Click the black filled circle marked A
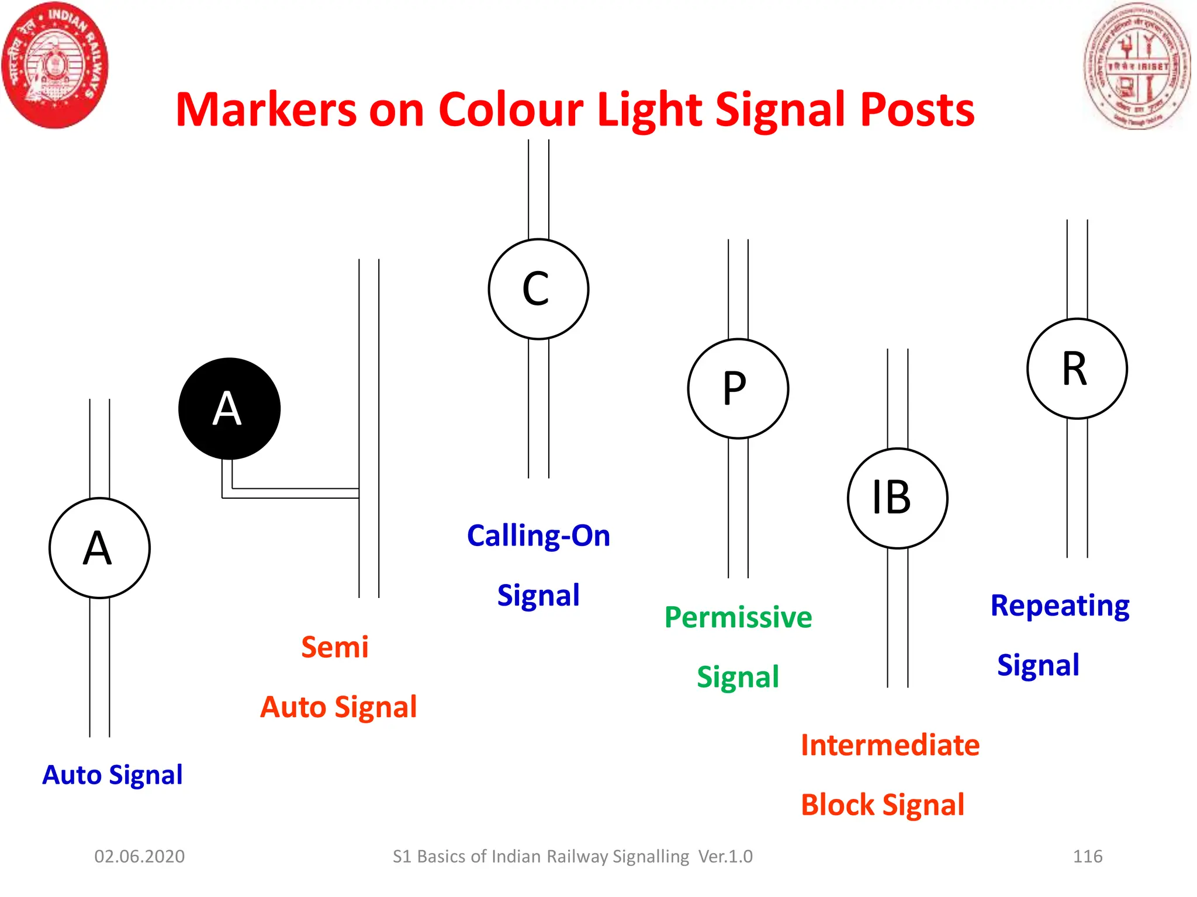(229, 409)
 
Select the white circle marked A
(99, 548)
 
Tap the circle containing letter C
(538, 289)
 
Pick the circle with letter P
(738, 388)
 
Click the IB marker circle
(897, 498)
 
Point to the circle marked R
(1077, 368)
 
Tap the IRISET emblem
(1137, 65)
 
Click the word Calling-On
(538, 536)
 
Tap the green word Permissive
(738, 617)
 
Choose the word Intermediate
(890, 745)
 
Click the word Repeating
(1060, 606)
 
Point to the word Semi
(335, 647)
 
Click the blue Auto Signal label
(112, 775)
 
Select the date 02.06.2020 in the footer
(140, 856)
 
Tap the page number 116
(1088, 856)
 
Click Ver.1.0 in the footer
(725, 856)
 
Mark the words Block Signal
(883, 805)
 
